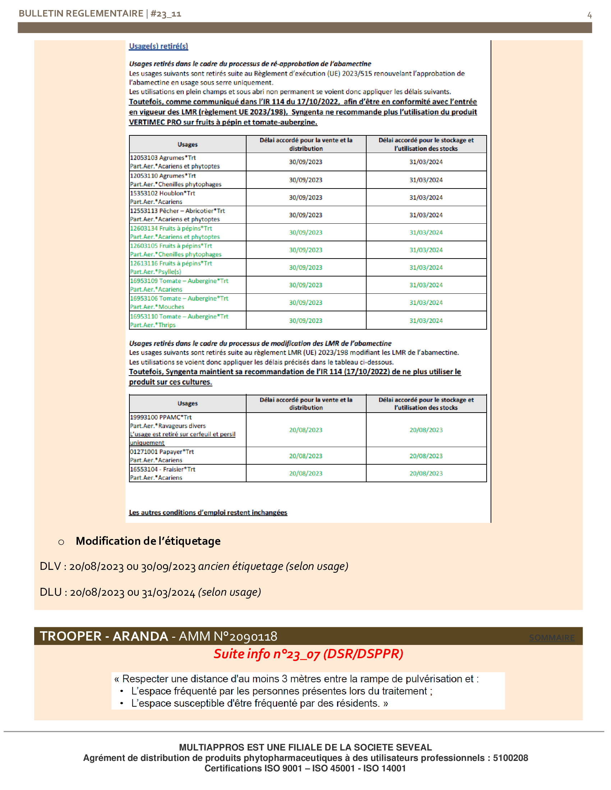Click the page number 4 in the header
coord(589,15)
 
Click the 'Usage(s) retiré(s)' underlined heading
coord(159,46)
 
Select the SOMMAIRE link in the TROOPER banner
coord(551,638)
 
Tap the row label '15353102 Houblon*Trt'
coord(162,194)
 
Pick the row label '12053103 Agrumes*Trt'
coord(163,158)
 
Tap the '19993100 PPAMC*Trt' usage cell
coord(161,417)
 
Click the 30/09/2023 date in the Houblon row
coord(305,197)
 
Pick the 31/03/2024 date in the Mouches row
coord(426,303)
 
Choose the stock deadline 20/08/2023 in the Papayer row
coord(426,456)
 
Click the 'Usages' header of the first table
coord(188,144)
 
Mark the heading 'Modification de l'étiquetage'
coord(148,541)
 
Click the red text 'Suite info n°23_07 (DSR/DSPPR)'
coord(308,654)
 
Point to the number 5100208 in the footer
coord(510,758)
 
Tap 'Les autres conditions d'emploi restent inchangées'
coord(208,512)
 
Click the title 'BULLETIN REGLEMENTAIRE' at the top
coord(81,14)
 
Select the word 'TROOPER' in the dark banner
coord(70,636)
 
